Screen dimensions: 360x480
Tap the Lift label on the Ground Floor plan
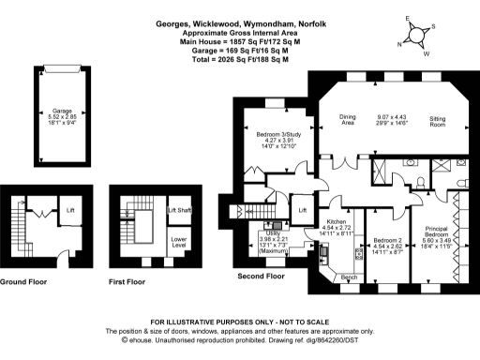pos(69,210)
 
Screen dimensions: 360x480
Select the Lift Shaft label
pos(179,210)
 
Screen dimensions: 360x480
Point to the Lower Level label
pos(179,241)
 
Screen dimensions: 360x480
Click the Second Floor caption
pos(262,277)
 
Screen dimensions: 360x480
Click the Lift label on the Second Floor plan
pos(302,211)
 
